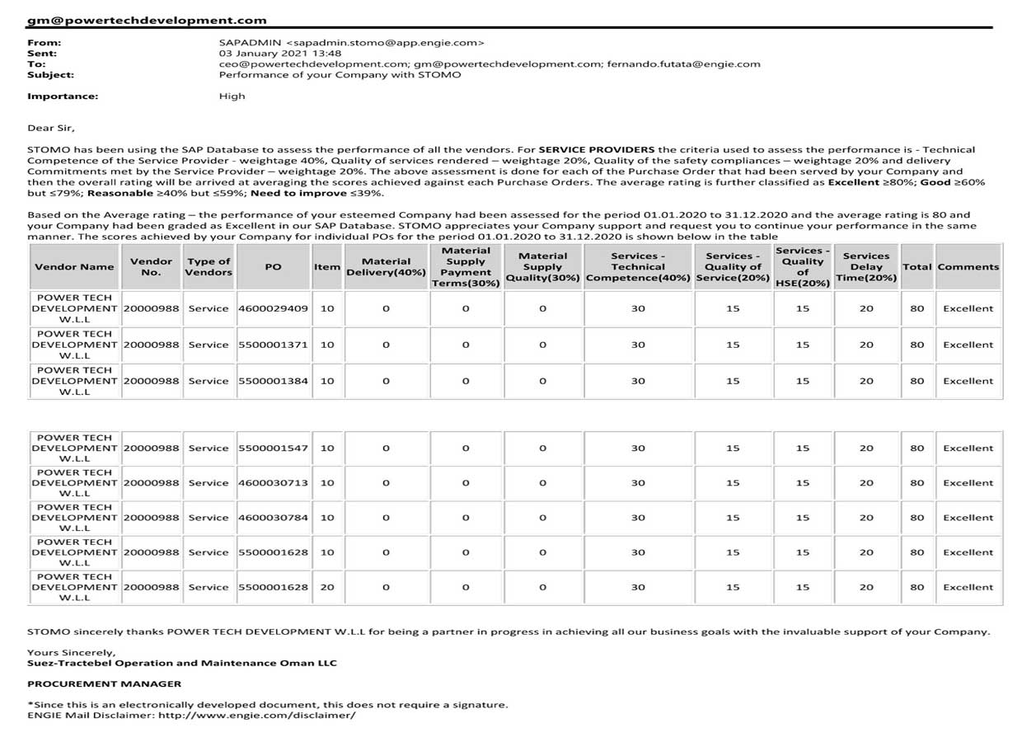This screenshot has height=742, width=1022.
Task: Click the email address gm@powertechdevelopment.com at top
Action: coord(147,20)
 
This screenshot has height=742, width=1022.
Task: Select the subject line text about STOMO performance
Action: coord(340,74)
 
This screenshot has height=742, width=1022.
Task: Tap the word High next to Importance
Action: coord(232,96)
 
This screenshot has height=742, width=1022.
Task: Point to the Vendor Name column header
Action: coord(74,266)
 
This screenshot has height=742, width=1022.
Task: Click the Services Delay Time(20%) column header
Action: coord(866,266)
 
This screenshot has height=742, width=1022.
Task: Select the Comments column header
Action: coord(968,266)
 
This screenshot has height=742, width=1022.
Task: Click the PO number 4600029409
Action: coord(273,308)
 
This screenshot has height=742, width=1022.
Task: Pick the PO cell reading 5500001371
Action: coord(273,345)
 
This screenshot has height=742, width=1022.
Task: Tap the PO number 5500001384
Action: coord(273,381)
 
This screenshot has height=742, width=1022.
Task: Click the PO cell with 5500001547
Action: coord(273,448)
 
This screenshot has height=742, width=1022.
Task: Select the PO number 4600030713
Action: coord(273,483)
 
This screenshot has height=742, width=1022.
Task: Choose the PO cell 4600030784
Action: coord(273,518)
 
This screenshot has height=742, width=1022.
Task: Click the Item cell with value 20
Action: coord(327,587)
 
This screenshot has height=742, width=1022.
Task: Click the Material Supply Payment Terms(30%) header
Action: coord(465,266)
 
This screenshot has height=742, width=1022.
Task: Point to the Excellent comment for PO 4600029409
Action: coord(968,308)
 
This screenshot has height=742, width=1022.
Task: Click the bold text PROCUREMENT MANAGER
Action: coord(104,683)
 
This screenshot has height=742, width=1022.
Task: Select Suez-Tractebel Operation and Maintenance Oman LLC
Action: coord(181,663)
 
